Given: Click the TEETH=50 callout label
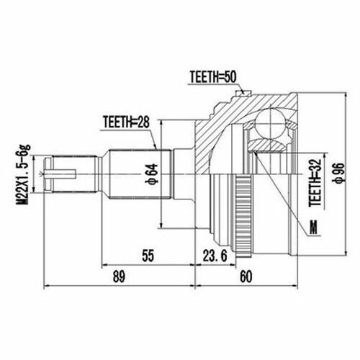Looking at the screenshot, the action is (x=213, y=77).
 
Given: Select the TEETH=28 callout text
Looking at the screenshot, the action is (x=126, y=122).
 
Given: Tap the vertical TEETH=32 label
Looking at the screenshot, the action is (x=315, y=182).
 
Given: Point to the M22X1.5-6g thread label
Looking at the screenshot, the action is (x=24, y=174).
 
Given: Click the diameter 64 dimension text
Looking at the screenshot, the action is (x=152, y=174).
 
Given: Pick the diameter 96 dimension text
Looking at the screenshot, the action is (x=338, y=173).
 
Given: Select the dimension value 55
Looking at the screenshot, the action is (x=148, y=256).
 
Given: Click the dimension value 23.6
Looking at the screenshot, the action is (x=215, y=256).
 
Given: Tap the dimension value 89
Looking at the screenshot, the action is (x=119, y=276).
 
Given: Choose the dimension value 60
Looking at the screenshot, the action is (x=246, y=276).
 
